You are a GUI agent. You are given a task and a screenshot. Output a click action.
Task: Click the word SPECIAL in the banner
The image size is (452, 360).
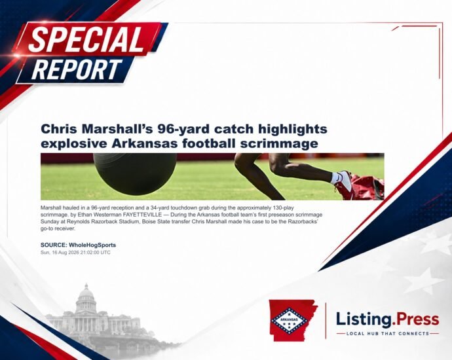click(x=86, y=39)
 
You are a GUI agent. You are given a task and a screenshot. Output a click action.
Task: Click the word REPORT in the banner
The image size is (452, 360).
click(x=77, y=69)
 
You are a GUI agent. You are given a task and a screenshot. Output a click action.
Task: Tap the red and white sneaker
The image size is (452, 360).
click(x=344, y=182)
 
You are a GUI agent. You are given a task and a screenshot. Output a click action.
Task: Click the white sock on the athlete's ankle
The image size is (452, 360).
click(x=335, y=177)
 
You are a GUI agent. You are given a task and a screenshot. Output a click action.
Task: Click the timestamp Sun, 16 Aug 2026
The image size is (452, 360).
click(x=61, y=253)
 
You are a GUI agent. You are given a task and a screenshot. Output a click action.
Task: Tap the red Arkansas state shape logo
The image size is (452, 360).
click(x=293, y=320)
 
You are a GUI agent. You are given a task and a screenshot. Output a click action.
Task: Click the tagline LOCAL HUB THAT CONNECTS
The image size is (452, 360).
click(x=387, y=334)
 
